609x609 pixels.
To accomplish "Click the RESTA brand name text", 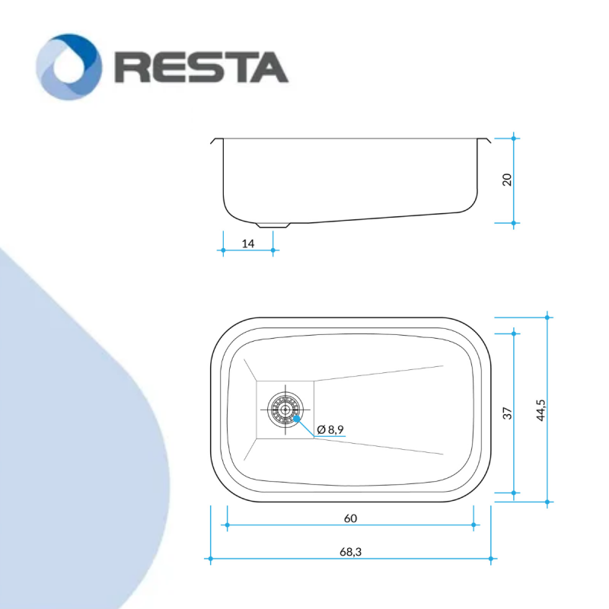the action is tap(202, 67).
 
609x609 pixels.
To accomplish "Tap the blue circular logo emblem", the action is tap(69, 67).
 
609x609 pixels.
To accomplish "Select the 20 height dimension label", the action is tap(507, 180).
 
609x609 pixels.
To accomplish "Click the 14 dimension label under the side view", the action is tap(248, 244).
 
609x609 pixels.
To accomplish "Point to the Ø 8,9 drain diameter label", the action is tap(330, 429).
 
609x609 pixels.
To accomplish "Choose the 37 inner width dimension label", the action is tap(507, 413).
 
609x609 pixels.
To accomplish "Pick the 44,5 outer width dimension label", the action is tap(540, 410).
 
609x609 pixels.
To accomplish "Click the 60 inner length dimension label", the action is tap(350, 518).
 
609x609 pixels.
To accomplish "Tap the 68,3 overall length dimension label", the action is tap(350, 552).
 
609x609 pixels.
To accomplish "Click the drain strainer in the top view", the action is tap(285, 410).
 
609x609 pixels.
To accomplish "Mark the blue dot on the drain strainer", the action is tap(296, 418).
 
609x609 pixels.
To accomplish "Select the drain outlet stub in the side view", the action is tap(273, 225).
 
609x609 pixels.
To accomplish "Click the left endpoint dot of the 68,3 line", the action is tap(211, 559).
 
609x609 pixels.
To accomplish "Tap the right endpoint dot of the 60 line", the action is tap(473, 525).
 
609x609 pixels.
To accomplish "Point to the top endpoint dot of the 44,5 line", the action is tap(547, 317).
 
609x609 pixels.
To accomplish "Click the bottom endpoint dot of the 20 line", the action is tap(513, 223).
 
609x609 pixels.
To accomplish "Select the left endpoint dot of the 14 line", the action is tap(223, 250).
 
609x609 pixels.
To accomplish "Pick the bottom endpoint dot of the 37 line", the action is tap(514, 493).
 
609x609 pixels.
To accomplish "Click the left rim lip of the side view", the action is tap(216, 140).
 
